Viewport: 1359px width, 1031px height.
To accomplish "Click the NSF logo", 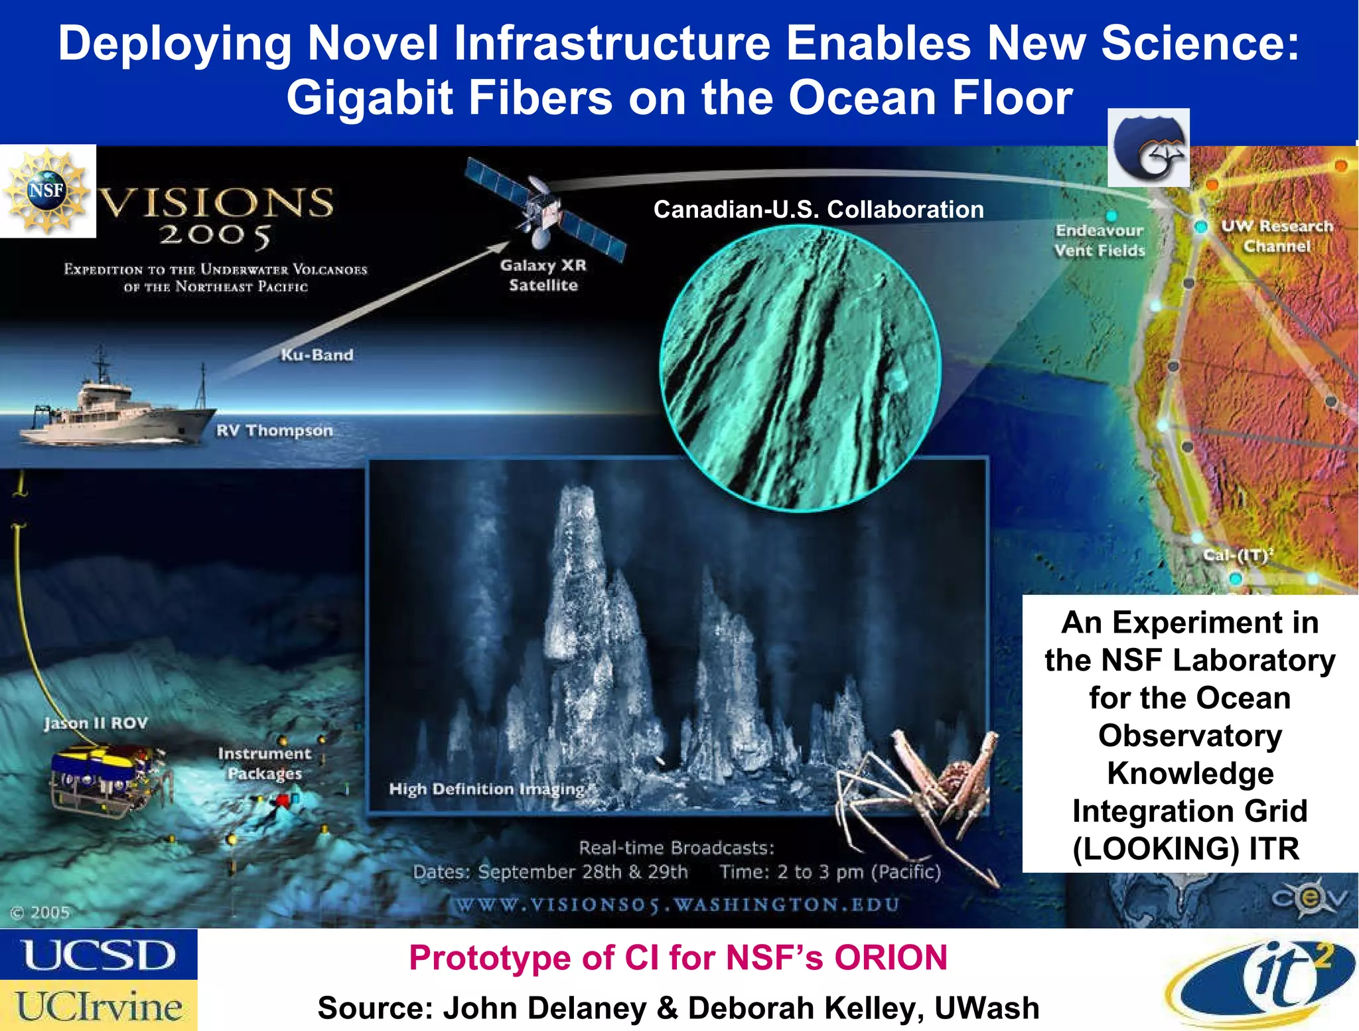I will (47, 191).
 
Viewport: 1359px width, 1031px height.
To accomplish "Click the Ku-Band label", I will (317, 355).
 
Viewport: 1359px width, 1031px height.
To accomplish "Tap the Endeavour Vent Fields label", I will (1100, 240).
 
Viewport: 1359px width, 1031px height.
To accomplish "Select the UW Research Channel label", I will (1277, 236).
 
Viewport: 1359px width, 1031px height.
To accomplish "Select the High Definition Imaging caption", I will (487, 789).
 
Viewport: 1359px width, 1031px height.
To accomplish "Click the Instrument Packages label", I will (264, 763).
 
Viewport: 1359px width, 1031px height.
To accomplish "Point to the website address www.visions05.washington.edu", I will (677, 905).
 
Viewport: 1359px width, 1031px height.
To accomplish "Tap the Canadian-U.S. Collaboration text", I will (818, 210).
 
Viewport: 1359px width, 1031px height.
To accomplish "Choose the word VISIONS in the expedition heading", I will (216, 202).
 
